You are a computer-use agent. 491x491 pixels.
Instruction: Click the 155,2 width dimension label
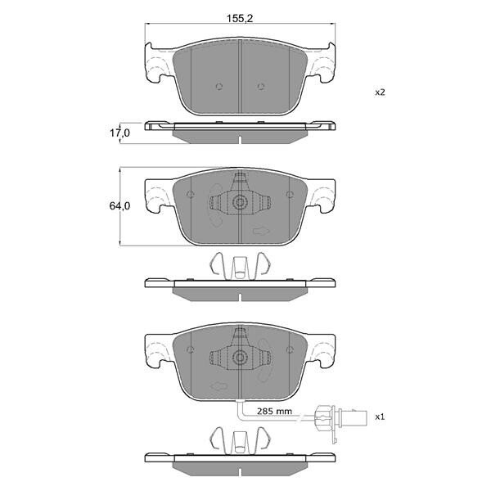[240, 18]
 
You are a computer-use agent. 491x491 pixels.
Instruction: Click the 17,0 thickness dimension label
[119, 133]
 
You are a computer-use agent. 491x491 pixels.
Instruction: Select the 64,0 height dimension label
[119, 205]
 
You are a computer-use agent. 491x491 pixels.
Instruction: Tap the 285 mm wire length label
[274, 411]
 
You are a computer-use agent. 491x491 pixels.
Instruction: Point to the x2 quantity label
[380, 92]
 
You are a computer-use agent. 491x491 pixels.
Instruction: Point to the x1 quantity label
[380, 417]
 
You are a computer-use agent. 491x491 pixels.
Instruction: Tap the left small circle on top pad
[219, 87]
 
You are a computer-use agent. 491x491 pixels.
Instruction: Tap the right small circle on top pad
[260, 87]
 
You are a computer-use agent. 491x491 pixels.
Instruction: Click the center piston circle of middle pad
[240, 202]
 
